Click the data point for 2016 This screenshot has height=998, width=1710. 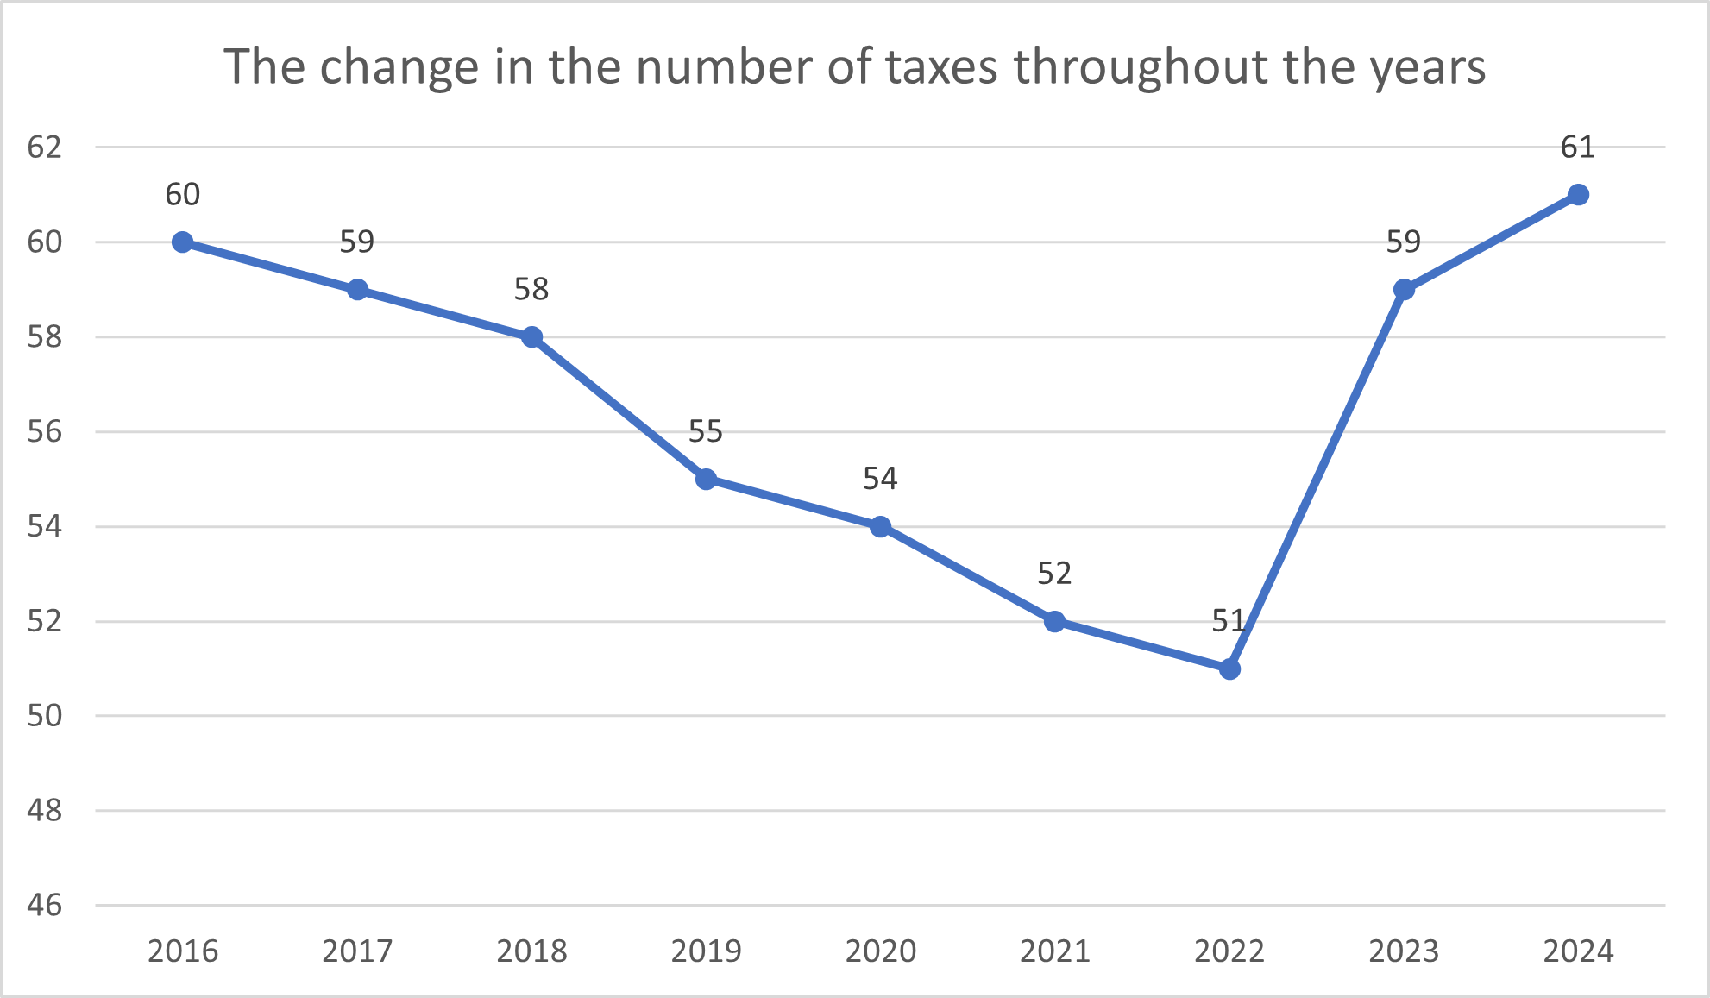(x=182, y=242)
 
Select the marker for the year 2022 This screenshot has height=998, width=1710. (x=1229, y=668)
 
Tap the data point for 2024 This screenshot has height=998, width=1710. (x=1578, y=195)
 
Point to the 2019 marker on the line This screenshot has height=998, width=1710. (x=706, y=479)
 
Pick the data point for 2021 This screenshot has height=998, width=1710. (x=1054, y=621)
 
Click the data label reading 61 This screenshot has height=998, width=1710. (x=1578, y=148)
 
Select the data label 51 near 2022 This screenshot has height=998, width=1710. (x=1229, y=620)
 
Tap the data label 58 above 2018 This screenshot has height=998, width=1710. (x=531, y=289)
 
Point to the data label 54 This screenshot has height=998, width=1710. (x=880, y=479)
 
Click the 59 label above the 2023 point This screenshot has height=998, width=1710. (x=1404, y=242)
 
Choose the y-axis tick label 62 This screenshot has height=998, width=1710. (x=45, y=148)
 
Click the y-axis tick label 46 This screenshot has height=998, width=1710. (x=45, y=905)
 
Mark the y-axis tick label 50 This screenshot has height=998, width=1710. (x=45, y=715)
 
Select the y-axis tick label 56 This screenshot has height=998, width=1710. (x=45, y=431)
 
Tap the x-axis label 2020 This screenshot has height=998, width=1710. (x=880, y=951)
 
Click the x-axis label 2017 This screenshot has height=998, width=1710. (x=357, y=951)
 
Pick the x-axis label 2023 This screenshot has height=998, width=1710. (x=1404, y=951)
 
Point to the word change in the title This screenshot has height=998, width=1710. (x=399, y=67)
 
